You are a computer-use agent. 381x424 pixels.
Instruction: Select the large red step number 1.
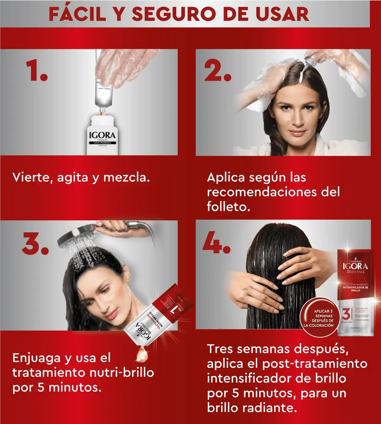pyautogui.click(x=36, y=72)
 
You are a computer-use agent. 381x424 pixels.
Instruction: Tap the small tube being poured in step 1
pyautogui.click(x=104, y=93)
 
